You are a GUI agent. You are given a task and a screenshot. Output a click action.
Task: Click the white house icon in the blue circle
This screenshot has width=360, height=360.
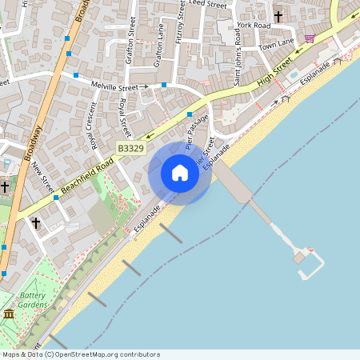point(180,173)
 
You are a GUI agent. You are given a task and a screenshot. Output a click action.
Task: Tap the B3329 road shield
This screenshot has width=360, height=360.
point(130,148)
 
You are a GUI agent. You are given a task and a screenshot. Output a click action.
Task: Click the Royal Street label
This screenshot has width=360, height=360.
point(124,118)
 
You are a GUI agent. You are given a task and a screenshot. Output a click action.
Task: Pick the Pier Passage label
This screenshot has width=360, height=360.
point(197,131)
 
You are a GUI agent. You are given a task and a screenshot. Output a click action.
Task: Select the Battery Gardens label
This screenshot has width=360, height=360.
point(33,300)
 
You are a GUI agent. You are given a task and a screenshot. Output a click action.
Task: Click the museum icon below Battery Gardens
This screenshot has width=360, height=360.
point(9,314)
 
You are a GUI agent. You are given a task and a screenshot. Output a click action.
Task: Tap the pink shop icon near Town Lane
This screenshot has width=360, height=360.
point(309,38)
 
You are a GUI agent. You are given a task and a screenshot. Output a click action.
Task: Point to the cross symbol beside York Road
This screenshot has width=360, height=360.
point(279,16)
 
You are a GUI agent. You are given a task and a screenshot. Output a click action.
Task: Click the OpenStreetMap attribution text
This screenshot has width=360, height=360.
point(81,354)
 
